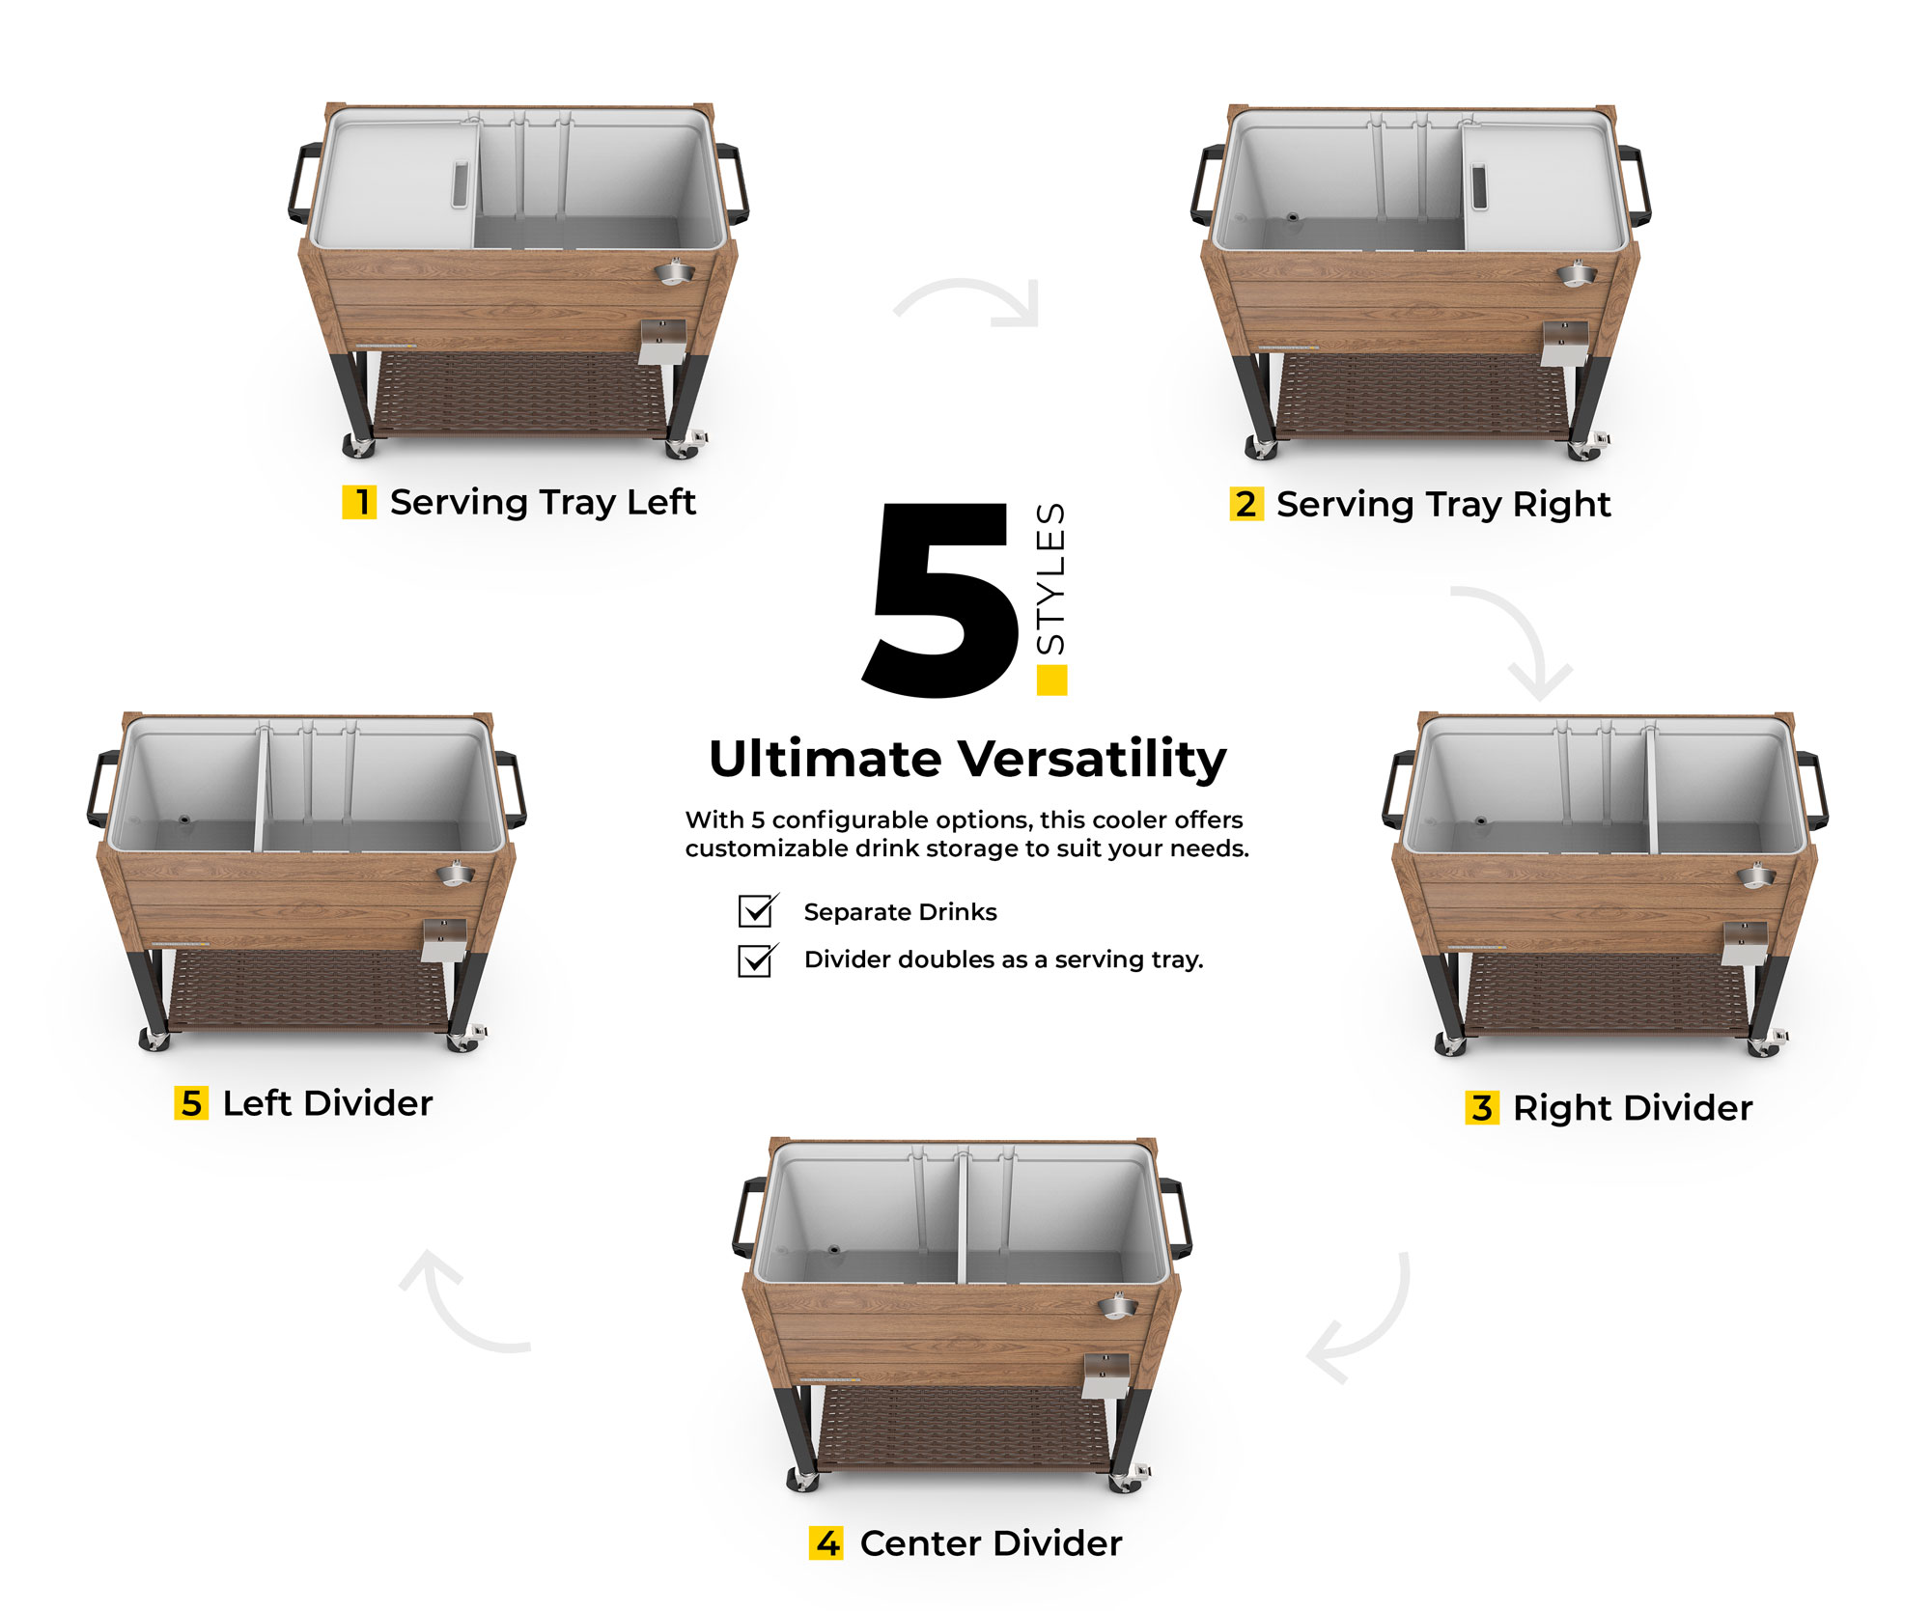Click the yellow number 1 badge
click(359, 502)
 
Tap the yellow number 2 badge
click(1245, 504)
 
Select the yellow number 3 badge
click(1482, 1107)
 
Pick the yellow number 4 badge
click(826, 1542)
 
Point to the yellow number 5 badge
click(191, 1102)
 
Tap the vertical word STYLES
click(1050, 579)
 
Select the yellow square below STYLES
click(1051, 680)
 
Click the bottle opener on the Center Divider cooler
click(1116, 1306)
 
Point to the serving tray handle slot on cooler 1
click(461, 183)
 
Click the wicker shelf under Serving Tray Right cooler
click(1419, 396)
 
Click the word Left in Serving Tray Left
click(661, 502)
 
